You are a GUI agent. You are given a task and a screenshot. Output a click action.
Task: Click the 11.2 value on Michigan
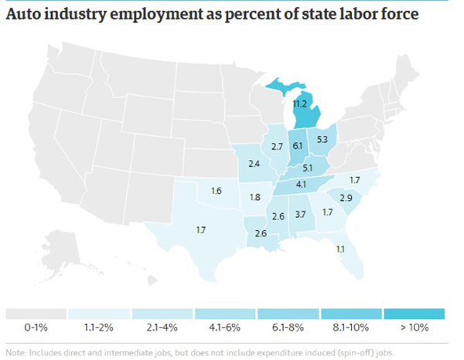[x=300, y=103]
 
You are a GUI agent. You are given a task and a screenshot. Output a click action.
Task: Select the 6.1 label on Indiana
[x=297, y=143]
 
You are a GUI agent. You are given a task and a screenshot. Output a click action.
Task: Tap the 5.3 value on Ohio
[x=322, y=140]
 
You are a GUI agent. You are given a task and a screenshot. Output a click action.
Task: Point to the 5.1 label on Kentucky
[x=307, y=168]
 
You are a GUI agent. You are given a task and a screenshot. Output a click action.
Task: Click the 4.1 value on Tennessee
[x=301, y=184]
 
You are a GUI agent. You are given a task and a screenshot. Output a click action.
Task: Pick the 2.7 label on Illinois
[x=276, y=146]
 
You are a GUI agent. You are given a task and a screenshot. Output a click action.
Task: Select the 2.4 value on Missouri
[x=254, y=164]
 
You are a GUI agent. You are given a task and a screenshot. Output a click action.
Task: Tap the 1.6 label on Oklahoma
[x=216, y=191]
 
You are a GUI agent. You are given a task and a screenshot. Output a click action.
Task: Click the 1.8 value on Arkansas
[x=255, y=197]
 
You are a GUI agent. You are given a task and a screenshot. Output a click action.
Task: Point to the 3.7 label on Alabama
[x=301, y=213]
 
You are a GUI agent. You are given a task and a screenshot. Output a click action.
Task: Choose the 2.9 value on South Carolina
[x=346, y=199]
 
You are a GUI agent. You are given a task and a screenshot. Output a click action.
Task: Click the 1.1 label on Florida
[x=340, y=248]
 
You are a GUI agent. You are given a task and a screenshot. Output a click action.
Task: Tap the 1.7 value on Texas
[x=200, y=230]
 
